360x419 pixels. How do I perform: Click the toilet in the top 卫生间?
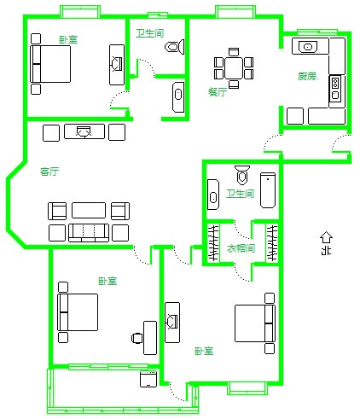click(175, 46)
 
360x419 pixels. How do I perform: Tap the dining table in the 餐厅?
click(234, 68)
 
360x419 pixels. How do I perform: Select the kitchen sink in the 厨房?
click(308, 47)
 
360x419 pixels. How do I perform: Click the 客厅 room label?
click(49, 172)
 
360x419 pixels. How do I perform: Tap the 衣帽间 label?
click(241, 248)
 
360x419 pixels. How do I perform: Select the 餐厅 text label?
click(218, 92)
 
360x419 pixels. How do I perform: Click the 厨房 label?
click(307, 76)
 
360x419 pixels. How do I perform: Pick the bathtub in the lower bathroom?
click(268, 190)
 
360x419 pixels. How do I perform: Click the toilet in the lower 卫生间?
click(242, 174)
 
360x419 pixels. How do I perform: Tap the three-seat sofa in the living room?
click(89, 233)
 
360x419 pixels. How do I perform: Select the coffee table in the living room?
click(89, 210)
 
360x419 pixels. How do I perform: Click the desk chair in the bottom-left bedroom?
click(137, 338)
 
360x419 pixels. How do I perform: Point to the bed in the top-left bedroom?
click(50, 64)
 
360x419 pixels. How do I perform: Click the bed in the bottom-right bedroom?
click(255, 323)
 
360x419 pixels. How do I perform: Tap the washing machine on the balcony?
click(148, 379)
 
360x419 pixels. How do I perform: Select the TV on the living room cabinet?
click(84, 131)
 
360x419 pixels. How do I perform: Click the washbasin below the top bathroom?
click(178, 97)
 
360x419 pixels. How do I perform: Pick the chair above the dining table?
click(234, 52)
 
